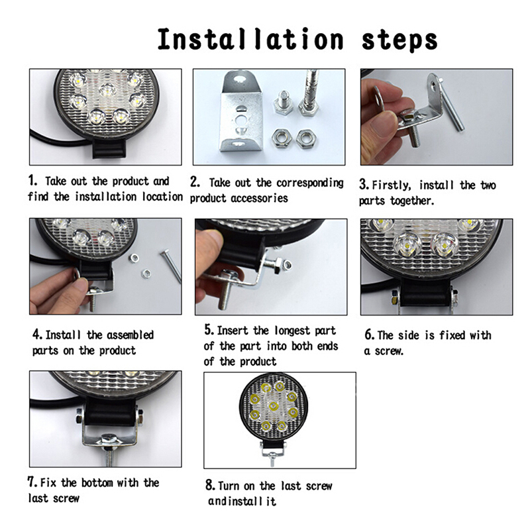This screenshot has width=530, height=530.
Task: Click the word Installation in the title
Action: [x=250, y=40]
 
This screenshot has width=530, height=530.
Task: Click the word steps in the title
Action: [x=399, y=40]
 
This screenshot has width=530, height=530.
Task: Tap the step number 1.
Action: [x=32, y=180]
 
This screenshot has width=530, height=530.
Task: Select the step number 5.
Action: [x=209, y=329]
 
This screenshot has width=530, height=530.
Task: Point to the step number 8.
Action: [x=210, y=485]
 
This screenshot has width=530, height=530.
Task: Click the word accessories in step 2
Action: [x=259, y=197]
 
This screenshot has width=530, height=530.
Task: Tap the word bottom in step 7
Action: [x=97, y=483]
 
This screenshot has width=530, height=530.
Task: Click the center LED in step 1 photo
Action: [x=107, y=89]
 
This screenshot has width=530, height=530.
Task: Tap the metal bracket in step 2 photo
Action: [x=240, y=111]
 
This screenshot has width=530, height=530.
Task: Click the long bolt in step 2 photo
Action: [x=309, y=92]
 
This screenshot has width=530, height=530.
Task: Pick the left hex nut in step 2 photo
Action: [x=281, y=138]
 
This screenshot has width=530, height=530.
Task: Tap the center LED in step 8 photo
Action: [x=273, y=405]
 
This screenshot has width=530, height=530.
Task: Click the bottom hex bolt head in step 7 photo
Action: [x=109, y=441]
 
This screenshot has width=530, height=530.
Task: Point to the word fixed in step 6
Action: [x=452, y=335]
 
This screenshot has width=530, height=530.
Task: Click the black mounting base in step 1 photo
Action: [x=109, y=148]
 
